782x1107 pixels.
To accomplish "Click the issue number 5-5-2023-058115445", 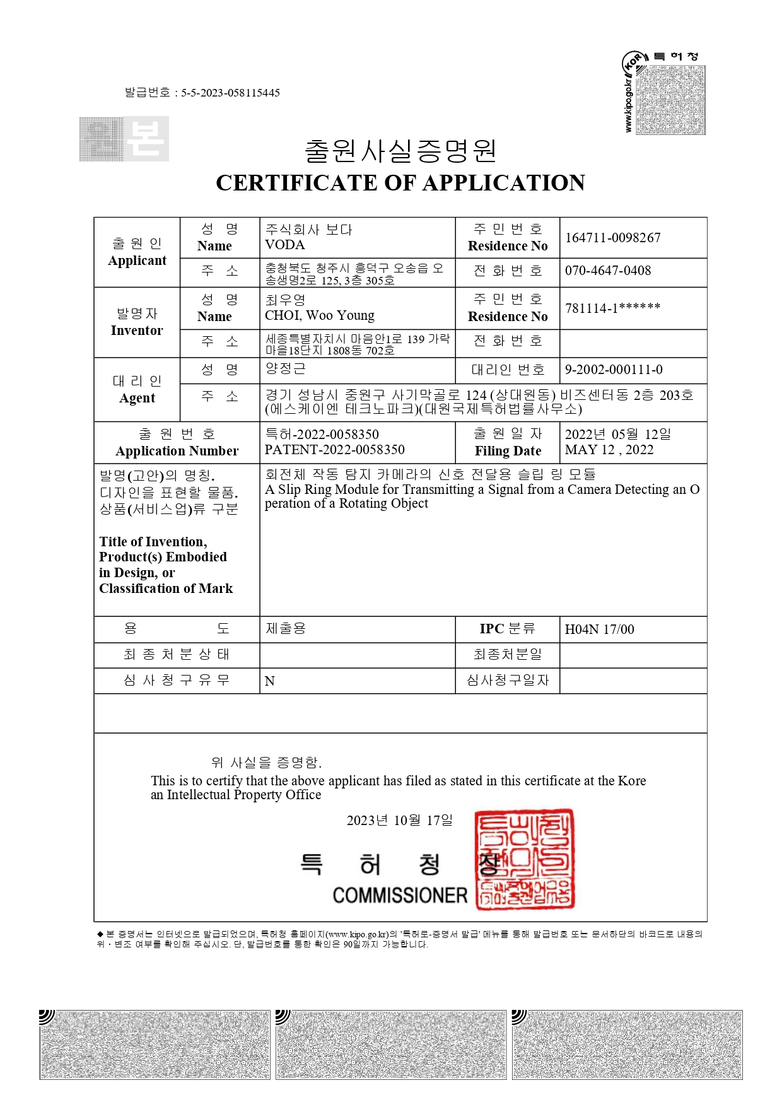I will [230, 93].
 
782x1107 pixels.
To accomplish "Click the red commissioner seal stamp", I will [524, 859].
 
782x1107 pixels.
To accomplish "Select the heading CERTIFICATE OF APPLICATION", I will [400, 183].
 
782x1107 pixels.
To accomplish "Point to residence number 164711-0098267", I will [612, 238].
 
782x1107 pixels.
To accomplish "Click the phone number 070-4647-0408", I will [607, 271].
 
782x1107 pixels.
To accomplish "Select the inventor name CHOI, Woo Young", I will [319, 315].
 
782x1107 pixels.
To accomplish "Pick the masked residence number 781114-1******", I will [612, 308].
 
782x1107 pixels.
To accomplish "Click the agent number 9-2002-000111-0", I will [613, 370].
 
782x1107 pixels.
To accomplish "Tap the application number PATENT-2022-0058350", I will [334, 450].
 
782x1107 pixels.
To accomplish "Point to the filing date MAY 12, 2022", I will [609, 450].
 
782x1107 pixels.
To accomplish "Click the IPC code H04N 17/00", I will [599, 630].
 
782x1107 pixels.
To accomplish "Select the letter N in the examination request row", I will [270, 681].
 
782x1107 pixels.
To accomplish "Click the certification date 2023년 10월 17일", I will [399, 820].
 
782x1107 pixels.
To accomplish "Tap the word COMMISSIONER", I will [400, 895].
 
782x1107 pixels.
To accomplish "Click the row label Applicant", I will [137, 261].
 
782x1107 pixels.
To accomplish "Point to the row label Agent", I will [137, 398].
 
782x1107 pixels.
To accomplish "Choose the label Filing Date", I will [508, 451].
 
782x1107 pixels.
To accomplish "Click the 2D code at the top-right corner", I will [670, 100].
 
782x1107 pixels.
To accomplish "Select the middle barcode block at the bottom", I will [391, 1045].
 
